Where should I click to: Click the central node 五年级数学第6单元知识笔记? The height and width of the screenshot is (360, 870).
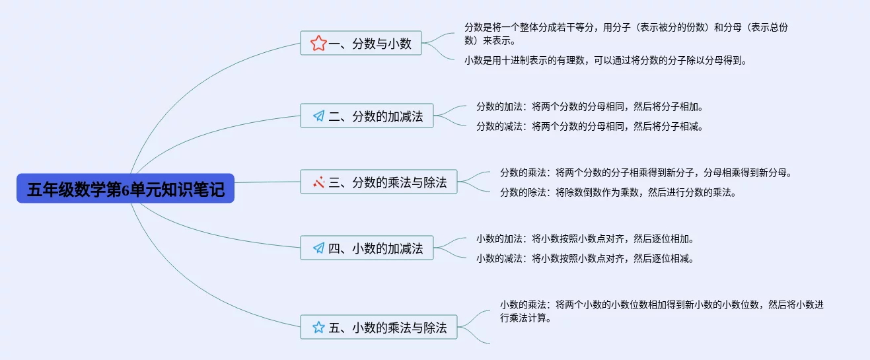tap(126, 190)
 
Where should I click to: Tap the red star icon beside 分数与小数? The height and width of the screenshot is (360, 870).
tap(318, 44)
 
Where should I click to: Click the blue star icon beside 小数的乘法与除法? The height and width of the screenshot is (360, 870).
tap(318, 327)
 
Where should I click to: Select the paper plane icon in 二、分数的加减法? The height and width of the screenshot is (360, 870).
tap(318, 116)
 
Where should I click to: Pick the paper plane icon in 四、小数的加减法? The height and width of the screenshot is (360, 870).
tap(318, 248)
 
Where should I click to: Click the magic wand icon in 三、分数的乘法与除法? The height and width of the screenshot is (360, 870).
tap(318, 182)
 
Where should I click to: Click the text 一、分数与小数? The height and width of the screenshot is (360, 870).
tap(370, 44)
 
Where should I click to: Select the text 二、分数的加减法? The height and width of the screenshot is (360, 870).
tap(376, 116)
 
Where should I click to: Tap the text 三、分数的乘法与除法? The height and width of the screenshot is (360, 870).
tap(388, 182)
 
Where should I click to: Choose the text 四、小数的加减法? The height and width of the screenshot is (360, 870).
tap(376, 248)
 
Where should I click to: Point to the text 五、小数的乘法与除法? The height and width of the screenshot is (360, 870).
tap(388, 327)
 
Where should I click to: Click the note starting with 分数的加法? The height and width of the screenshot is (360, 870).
tap(589, 106)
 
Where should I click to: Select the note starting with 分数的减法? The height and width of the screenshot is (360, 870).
tap(589, 126)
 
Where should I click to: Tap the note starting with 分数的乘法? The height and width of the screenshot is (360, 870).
tap(645, 173)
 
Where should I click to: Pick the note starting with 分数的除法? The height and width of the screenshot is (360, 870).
tap(618, 193)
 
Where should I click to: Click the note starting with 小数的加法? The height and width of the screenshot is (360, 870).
tap(585, 238)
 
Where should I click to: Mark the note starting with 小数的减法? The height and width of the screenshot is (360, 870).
tap(585, 258)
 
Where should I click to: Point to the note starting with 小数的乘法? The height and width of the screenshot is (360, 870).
tap(661, 311)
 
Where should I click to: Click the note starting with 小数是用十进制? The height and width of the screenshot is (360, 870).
tap(605, 60)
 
